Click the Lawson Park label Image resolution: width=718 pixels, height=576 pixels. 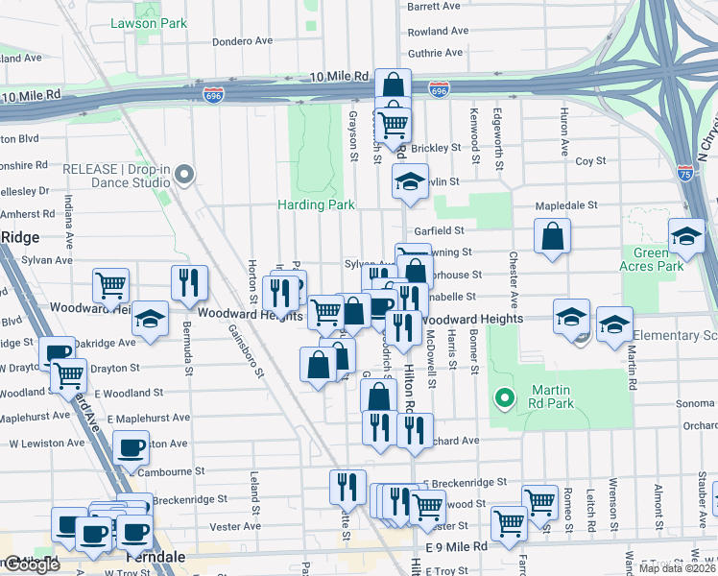coord(148,21)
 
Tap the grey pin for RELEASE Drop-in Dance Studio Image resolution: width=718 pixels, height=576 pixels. coord(185,175)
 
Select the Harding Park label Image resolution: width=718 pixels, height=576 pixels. coord(316,204)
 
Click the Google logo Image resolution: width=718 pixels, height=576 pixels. coord(31,564)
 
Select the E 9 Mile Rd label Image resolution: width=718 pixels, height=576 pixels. coord(456,545)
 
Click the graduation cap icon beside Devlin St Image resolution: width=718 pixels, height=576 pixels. coord(410,182)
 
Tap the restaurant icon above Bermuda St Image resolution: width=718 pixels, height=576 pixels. coord(189,282)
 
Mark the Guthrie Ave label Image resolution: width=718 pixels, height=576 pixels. coord(437,55)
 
